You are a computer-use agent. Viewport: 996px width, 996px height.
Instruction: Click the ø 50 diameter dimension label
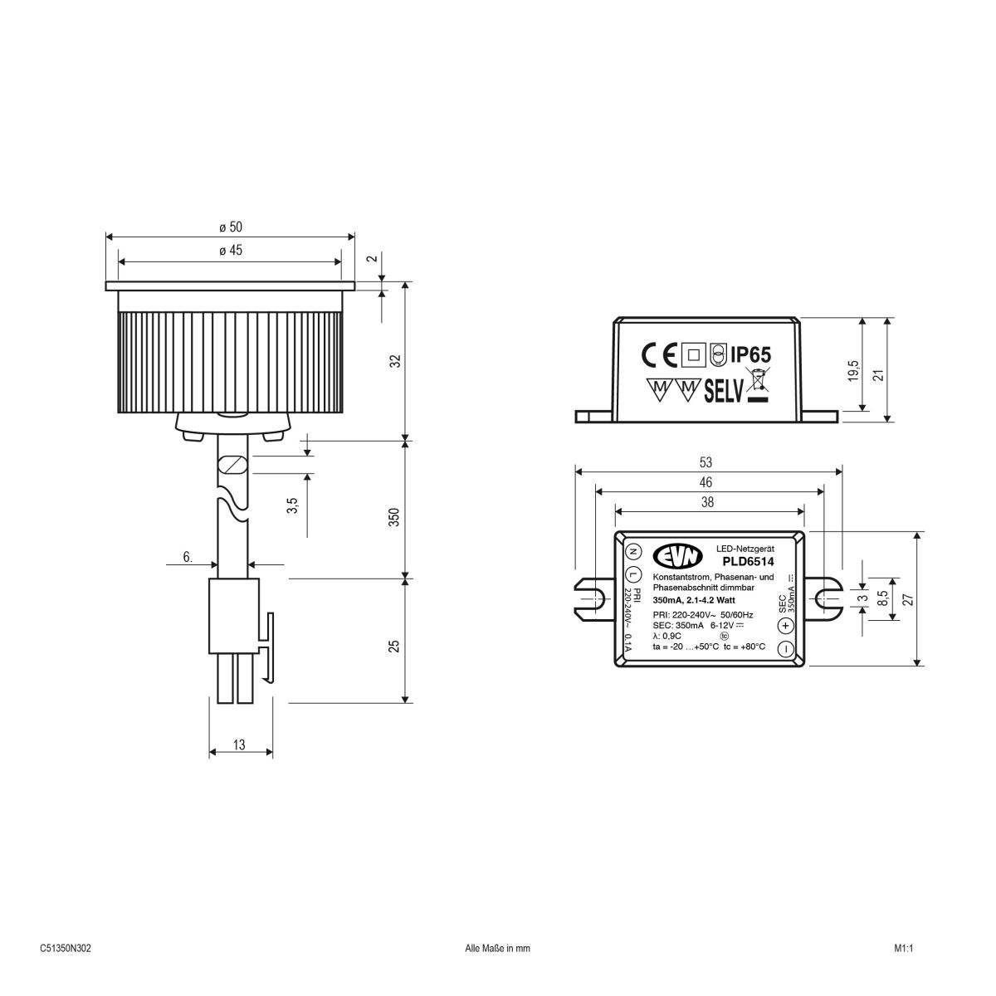click(231, 227)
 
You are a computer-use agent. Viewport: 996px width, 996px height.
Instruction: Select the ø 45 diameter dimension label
click(231, 251)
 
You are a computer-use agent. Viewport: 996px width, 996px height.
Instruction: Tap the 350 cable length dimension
click(394, 517)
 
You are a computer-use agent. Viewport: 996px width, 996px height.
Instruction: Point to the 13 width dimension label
click(239, 745)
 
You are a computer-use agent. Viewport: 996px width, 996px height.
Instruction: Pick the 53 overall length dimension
click(706, 462)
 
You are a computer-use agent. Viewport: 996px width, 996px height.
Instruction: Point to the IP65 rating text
click(751, 354)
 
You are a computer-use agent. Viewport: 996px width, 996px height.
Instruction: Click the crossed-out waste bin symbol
click(756, 385)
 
